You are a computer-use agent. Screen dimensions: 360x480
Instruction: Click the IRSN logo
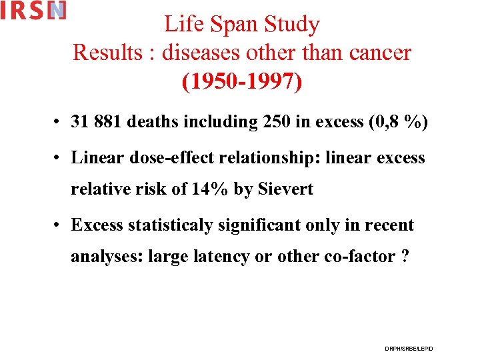click(x=33, y=11)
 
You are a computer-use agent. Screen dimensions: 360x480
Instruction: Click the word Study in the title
click(x=292, y=25)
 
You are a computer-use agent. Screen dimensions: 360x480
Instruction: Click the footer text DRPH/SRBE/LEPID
click(x=409, y=348)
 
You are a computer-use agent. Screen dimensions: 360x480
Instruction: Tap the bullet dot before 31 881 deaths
click(x=60, y=123)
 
